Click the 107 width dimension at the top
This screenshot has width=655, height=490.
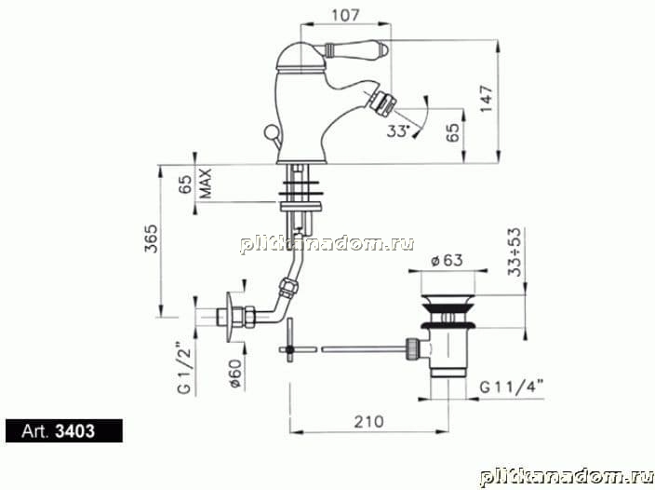click(x=345, y=16)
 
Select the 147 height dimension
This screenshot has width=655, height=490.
click(x=487, y=99)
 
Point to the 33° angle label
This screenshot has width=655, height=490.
click(x=397, y=130)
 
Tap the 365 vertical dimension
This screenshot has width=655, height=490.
click(x=152, y=238)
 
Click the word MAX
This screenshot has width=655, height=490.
click(x=206, y=184)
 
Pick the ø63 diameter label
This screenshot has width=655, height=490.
click(x=447, y=260)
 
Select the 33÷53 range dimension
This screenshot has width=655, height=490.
click(x=515, y=252)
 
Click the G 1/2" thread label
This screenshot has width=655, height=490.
click(x=184, y=368)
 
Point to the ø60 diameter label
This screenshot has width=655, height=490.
click(x=235, y=374)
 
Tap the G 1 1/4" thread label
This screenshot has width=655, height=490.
click(x=512, y=387)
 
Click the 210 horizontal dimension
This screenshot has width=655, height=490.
click(x=368, y=421)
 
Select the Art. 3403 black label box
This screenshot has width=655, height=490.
click(x=64, y=430)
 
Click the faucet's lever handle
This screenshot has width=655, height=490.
click(x=356, y=49)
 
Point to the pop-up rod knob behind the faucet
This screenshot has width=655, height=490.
click(x=270, y=132)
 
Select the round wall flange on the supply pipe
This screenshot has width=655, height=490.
click(x=231, y=316)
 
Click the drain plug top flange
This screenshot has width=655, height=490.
click(x=448, y=300)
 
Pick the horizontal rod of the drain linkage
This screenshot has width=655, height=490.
click(x=363, y=348)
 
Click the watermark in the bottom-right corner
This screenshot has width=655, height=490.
click(x=566, y=478)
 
